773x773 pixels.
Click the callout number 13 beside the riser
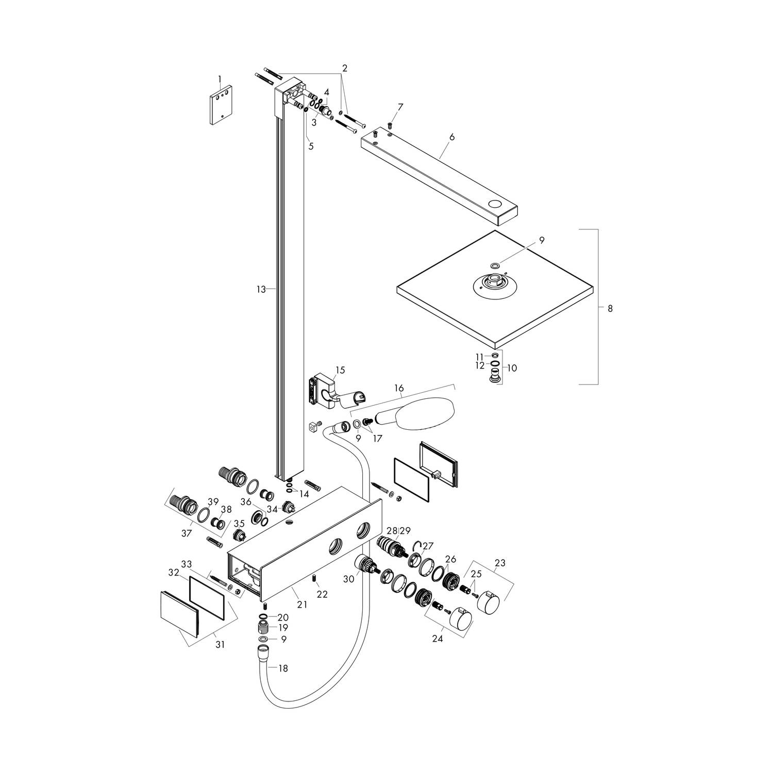(261, 290)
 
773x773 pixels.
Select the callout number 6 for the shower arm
(452, 137)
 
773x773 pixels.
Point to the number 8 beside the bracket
(610, 309)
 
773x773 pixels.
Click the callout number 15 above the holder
(340, 370)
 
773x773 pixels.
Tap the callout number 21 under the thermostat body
(302, 604)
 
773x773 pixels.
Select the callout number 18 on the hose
(283, 668)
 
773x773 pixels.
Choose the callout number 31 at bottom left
(220, 644)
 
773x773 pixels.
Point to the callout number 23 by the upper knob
(500, 563)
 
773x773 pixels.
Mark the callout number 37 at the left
(187, 533)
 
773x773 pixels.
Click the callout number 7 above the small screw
(400, 107)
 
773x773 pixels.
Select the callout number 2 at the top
(345, 68)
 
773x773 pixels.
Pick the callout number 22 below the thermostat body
(322, 594)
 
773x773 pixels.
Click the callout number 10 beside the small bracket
(512, 368)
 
